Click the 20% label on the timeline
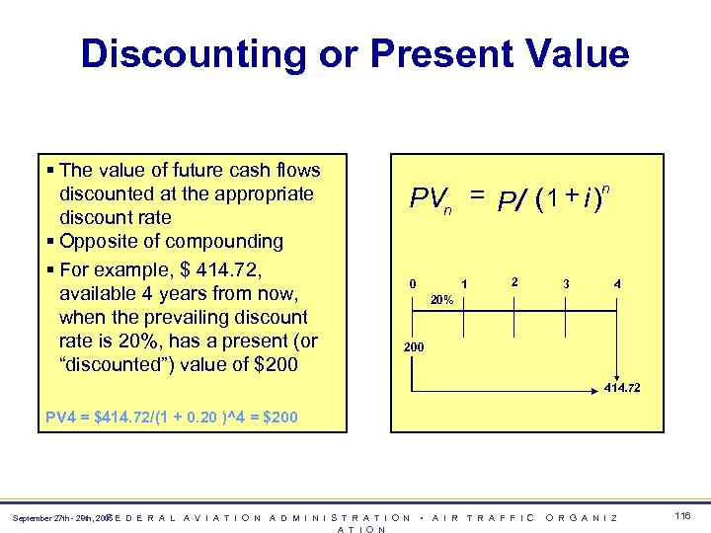pos(440,299)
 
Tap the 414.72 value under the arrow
pos(622,388)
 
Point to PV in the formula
pos(427,199)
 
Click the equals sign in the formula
pos(477,197)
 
